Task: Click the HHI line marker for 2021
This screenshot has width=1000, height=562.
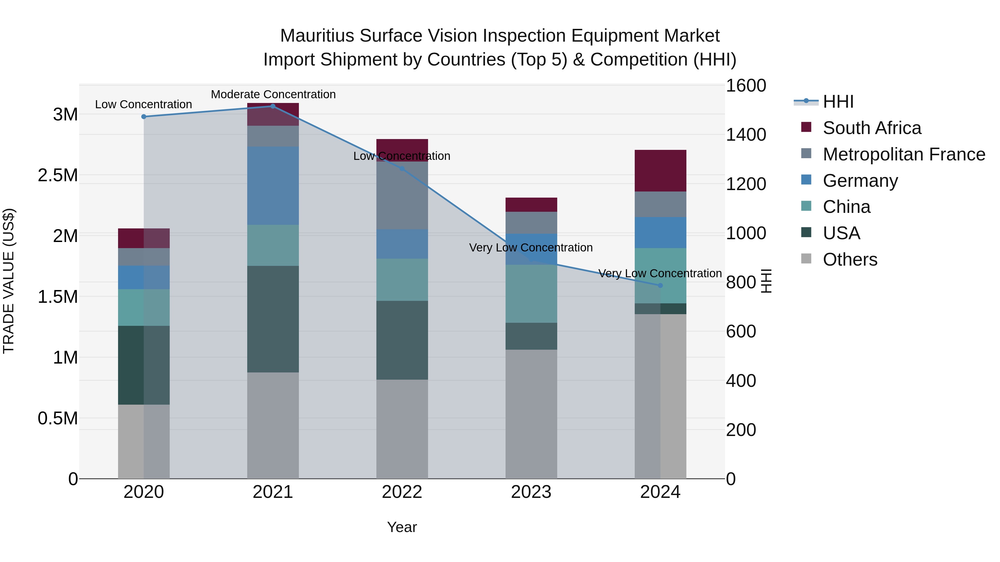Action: click(x=272, y=106)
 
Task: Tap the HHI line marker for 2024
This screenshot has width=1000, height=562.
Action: click(x=660, y=286)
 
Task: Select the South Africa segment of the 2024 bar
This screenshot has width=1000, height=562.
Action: click(x=660, y=171)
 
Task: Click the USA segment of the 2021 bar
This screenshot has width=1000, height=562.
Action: click(x=273, y=319)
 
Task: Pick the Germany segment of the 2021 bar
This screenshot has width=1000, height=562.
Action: click(x=273, y=185)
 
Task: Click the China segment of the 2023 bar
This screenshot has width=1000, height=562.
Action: click(x=531, y=294)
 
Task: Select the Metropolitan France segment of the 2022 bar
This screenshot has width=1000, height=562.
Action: click(x=402, y=195)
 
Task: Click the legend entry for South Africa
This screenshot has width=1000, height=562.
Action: click(x=871, y=128)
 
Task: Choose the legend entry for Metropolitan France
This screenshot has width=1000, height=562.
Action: click(x=904, y=154)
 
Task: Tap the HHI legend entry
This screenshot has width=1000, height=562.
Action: click(x=838, y=102)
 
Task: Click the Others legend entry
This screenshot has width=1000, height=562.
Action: click(x=850, y=259)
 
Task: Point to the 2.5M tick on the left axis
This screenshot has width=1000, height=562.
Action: click(x=58, y=175)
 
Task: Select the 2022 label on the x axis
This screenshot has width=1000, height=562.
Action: click(x=402, y=492)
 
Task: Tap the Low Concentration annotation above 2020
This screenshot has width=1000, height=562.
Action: click(x=143, y=104)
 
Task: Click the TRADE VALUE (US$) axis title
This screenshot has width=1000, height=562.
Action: click(x=9, y=281)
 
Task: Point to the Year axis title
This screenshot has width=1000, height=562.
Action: click(x=402, y=527)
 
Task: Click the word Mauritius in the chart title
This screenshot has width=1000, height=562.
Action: click(x=317, y=36)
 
